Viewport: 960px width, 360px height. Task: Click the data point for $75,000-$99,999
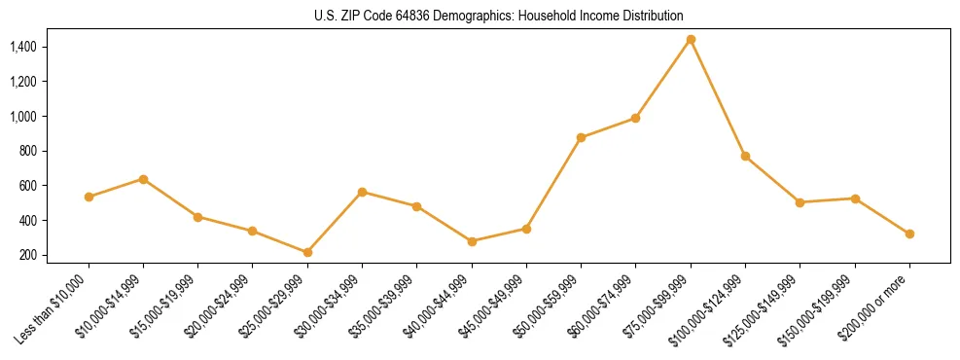(x=691, y=40)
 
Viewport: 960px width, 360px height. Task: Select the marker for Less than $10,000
(x=89, y=197)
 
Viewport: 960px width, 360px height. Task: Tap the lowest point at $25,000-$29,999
(x=307, y=253)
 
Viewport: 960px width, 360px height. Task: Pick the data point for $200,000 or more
(x=909, y=234)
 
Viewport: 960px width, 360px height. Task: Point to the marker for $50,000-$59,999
(x=581, y=137)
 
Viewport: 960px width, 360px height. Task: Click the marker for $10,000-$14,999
(x=143, y=179)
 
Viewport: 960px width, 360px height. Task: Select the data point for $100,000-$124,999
(x=745, y=156)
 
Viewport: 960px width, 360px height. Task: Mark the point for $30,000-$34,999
(x=362, y=192)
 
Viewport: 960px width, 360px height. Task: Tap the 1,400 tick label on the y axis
(x=22, y=47)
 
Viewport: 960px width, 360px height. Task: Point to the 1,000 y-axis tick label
(x=22, y=117)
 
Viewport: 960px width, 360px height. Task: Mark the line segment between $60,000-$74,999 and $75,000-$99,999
(x=663, y=79)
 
